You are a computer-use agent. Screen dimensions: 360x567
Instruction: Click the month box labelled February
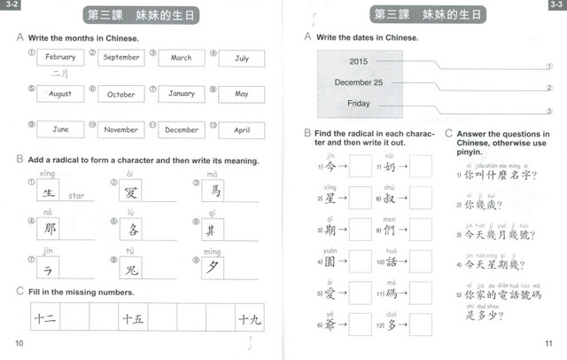pos(61,58)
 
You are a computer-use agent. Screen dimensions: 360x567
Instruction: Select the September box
pos(122,58)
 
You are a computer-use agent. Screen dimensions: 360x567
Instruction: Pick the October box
pos(121,94)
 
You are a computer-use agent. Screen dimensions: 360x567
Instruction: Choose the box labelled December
pos(182,129)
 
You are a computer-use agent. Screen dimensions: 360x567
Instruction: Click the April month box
pos(242,129)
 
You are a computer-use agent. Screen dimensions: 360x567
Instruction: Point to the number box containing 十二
pos(46,317)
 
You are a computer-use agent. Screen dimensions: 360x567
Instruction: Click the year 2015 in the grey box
pos(359,62)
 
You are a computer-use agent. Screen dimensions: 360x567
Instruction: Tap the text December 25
pos(359,82)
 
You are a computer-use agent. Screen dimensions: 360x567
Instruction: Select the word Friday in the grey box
pos(359,104)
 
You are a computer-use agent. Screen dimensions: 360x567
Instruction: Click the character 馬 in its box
pos(215,191)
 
